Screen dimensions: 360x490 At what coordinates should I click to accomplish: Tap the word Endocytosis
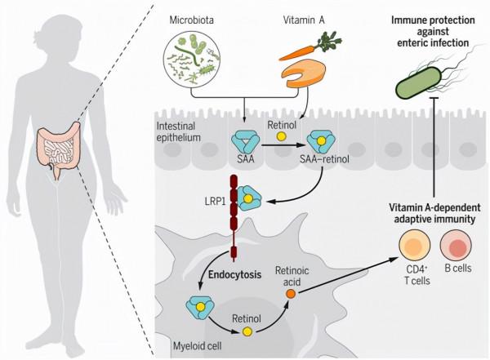click(235, 276)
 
